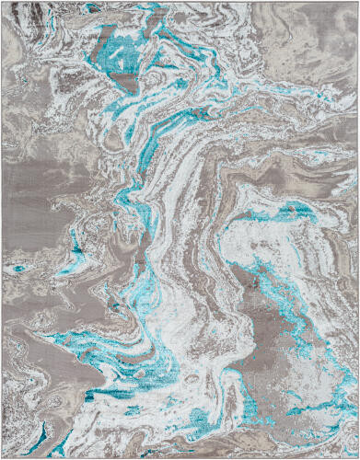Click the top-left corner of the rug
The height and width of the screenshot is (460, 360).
tap(2, 2)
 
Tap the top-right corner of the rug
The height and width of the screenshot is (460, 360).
tap(357, 2)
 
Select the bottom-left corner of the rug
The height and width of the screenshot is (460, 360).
tap(2, 457)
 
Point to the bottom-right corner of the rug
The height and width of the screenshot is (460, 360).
tap(357, 457)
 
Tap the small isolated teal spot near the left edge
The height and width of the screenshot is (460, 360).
tap(17, 268)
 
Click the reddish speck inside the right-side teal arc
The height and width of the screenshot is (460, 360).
tap(285, 213)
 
